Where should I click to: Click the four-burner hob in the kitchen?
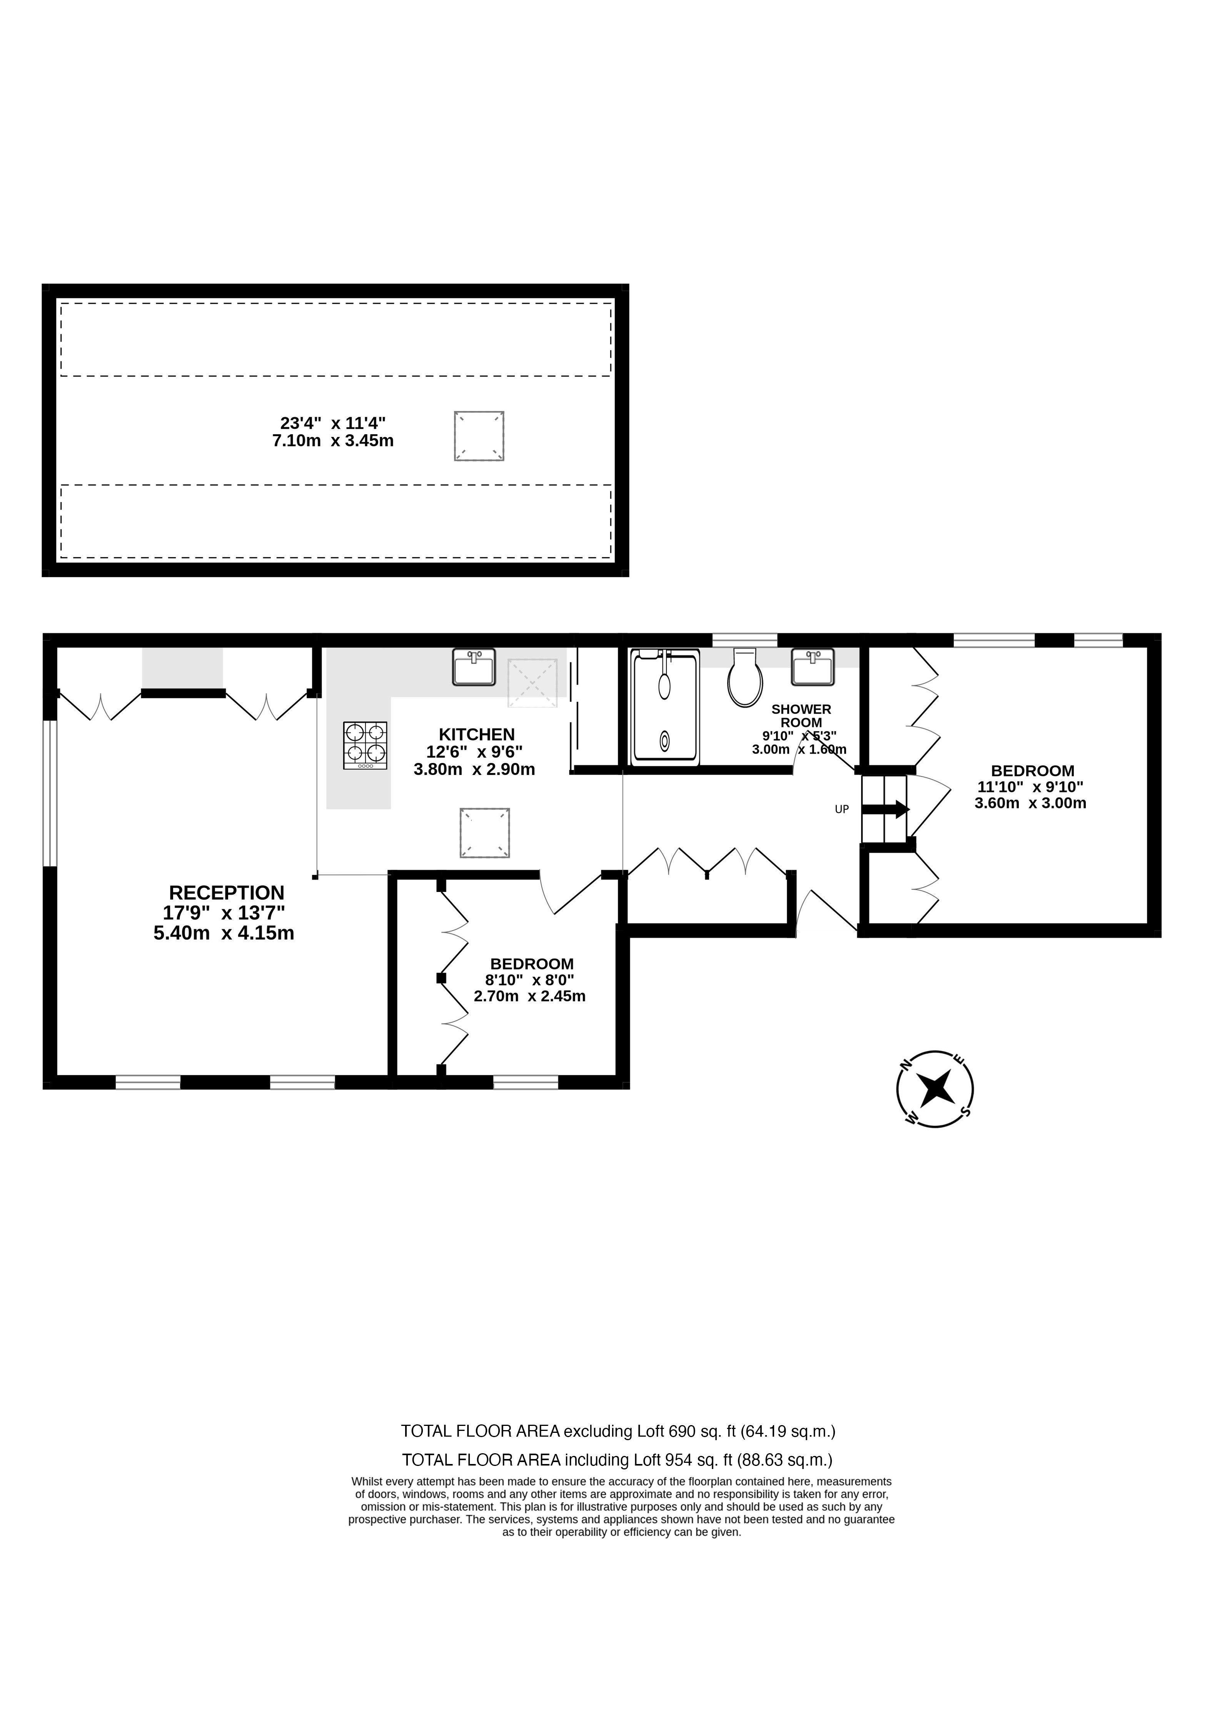coord(365,745)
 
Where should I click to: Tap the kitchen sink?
coord(473,667)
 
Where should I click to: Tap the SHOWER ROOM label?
coord(801,716)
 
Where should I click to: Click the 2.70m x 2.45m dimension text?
coord(529,996)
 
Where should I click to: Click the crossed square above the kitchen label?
coord(533,683)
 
